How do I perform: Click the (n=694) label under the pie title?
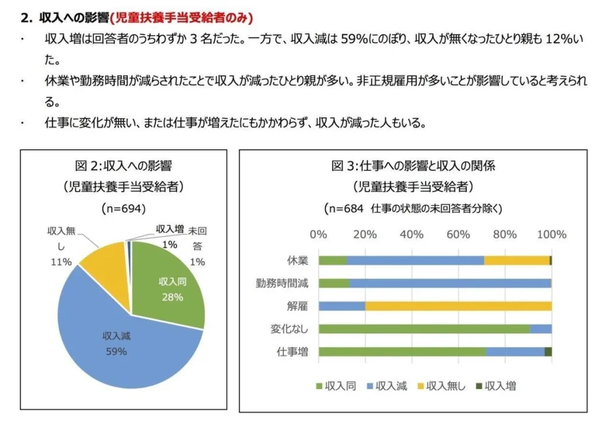point(124,209)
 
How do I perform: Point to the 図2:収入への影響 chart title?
point(124,165)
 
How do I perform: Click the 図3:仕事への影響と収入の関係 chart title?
point(413,165)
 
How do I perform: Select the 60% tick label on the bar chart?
point(458,234)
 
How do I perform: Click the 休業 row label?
point(297,260)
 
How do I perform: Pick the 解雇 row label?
point(297,306)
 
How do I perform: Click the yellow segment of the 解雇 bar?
point(458,306)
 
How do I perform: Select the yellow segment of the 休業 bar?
point(516,260)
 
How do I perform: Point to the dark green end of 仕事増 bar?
point(548,351)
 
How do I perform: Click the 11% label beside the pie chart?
point(61,262)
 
